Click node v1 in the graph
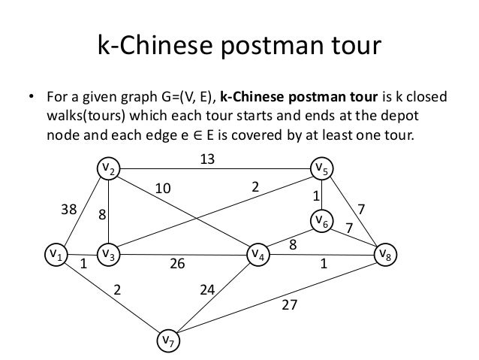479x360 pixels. tap(54, 255)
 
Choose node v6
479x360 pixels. tap(323, 220)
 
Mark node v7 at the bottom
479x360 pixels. tap(167, 340)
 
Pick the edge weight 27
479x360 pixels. tap(290, 306)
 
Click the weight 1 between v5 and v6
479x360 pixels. tap(316, 195)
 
